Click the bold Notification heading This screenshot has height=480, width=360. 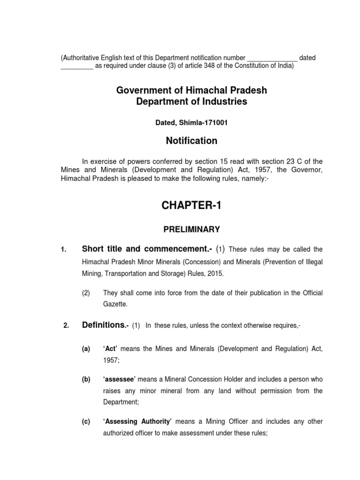(191, 141)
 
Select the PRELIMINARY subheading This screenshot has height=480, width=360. (191, 229)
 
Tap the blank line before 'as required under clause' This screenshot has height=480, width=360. (77, 66)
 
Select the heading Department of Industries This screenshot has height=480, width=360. (191, 101)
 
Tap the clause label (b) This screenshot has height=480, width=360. (86, 379)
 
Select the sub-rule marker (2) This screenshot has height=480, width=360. (86, 292)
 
